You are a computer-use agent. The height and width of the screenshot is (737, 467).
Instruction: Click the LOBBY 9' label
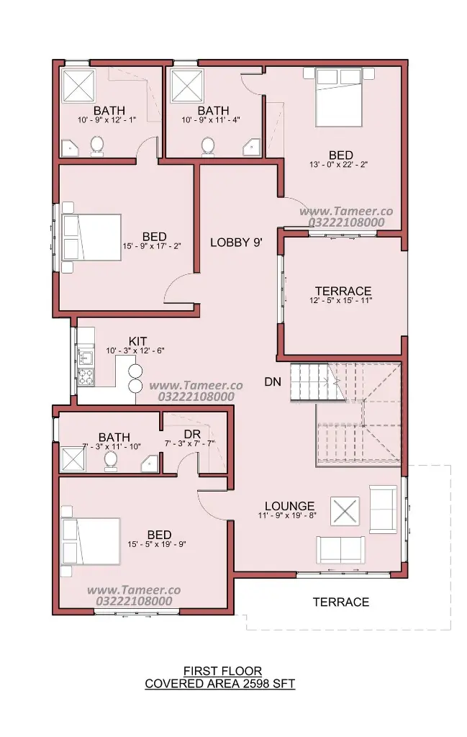[236, 243]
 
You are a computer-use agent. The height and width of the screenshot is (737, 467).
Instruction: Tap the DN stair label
[273, 381]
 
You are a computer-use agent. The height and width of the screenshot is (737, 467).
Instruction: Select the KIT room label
[137, 341]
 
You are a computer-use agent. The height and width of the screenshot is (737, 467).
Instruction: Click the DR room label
[193, 434]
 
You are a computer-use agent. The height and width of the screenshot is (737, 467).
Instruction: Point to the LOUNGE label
[289, 506]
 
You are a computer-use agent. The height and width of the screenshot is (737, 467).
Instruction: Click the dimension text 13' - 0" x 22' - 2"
[338, 165]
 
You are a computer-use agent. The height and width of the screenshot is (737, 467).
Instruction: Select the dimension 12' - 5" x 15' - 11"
[341, 301]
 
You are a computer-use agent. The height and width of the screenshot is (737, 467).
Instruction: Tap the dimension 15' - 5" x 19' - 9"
[157, 544]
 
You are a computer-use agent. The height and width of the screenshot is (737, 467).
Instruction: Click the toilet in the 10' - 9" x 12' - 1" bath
[97, 146]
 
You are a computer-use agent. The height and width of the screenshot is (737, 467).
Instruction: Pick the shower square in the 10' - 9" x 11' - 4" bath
[188, 86]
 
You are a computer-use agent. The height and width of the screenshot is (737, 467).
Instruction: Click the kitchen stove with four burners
[86, 376]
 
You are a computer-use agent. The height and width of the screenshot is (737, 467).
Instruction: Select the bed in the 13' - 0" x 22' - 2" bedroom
[339, 97]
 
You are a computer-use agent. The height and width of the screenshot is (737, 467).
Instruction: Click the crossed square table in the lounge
[345, 511]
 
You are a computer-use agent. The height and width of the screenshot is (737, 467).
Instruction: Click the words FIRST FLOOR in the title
[222, 671]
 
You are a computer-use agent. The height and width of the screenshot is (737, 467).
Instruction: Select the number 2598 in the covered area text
[256, 684]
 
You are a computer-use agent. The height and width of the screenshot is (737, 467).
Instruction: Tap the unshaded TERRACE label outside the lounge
[341, 602]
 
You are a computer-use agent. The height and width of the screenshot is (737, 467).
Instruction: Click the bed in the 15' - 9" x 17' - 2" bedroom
[92, 238]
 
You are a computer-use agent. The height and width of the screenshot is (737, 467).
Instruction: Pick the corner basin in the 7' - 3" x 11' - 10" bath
[150, 464]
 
